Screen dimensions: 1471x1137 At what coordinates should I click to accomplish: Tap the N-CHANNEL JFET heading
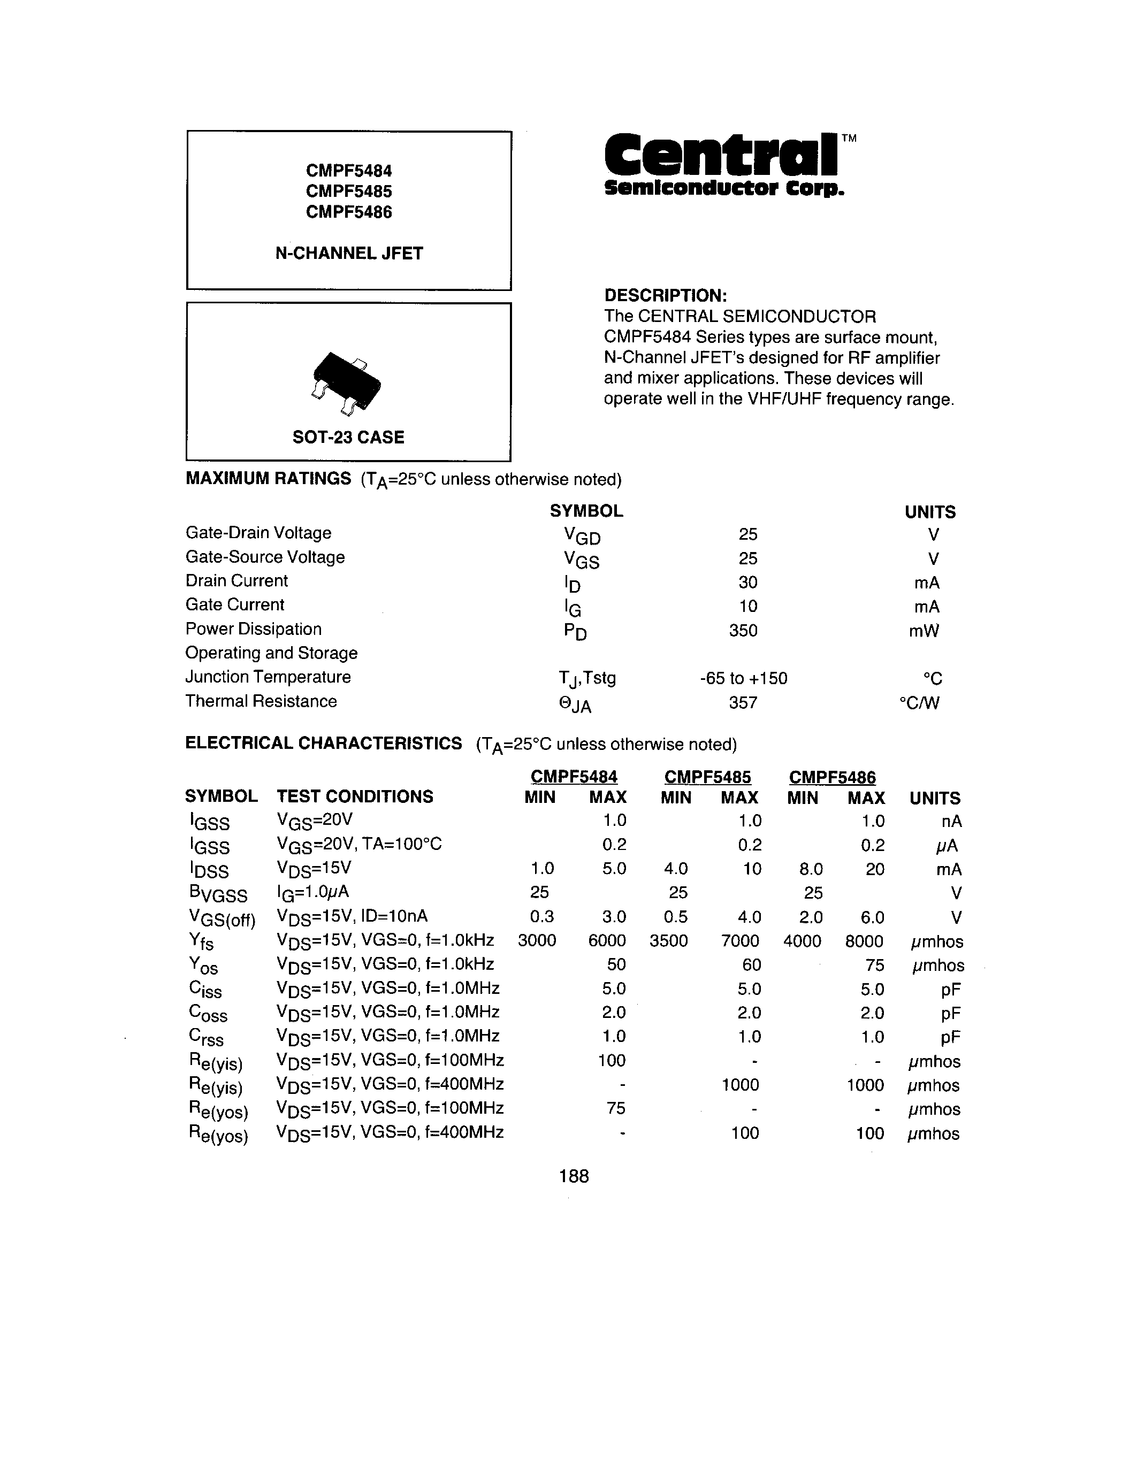[x=349, y=253]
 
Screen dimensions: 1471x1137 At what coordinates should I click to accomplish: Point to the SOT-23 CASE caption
[x=348, y=437]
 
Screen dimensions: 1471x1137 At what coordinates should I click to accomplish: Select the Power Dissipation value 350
[x=743, y=631]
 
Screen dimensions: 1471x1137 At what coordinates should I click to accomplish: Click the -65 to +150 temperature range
[x=744, y=678]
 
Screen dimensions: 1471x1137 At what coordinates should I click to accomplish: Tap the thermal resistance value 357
[x=743, y=702]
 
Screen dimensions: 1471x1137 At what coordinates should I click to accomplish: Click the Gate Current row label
[x=234, y=605]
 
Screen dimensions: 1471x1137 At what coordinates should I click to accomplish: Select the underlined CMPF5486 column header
[x=832, y=777]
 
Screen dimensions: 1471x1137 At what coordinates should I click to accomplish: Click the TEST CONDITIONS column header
[x=354, y=797]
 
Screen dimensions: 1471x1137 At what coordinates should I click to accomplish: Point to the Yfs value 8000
[x=864, y=941]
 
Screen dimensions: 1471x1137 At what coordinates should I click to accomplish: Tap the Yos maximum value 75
[x=874, y=965]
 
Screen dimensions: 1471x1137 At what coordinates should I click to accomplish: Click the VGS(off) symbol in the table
[x=222, y=918]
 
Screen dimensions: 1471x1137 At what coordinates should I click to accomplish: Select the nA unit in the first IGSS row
[x=952, y=821]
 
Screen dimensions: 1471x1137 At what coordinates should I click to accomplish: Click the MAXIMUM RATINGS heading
[x=268, y=479]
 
